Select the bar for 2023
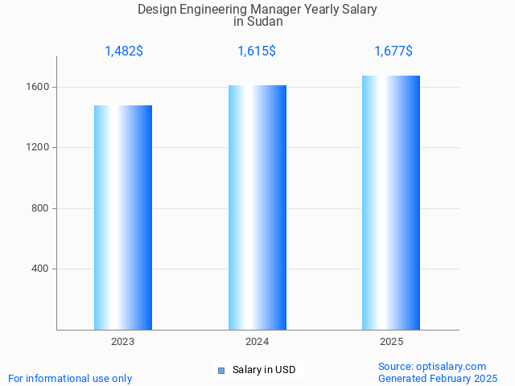[123, 217]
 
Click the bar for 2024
[257, 207]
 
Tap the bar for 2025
[391, 203]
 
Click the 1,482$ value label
[124, 51]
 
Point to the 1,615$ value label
[257, 51]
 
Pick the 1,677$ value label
[393, 51]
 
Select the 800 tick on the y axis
[40, 208]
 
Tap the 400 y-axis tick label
[40, 269]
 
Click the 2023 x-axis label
[123, 342]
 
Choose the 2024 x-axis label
[257, 342]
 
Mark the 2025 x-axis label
[392, 342]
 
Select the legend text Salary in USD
[264, 370]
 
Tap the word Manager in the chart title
[274, 10]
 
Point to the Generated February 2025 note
[438, 378]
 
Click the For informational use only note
[70, 378]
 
